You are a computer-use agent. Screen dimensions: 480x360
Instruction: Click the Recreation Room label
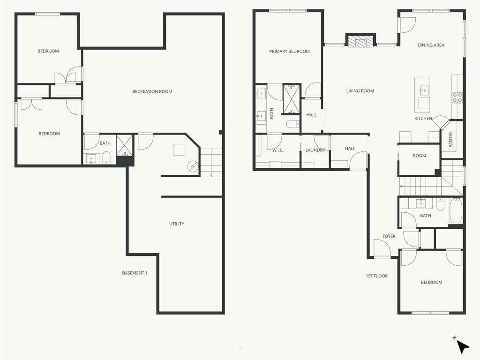(x=152, y=91)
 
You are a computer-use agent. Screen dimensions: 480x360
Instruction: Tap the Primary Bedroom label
(x=289, y=52)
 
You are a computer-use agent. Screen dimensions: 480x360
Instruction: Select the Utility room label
(x=177, y=224)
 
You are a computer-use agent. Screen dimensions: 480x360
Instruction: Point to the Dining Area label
(x=431, y=45)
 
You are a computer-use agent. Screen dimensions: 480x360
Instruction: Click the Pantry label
(x=450, y=139)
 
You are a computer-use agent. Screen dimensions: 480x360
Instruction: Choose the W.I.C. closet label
(x=278, y=150)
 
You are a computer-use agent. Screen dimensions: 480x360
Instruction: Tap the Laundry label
(x=315, y=150)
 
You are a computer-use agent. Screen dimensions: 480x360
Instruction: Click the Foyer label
(x=389, y=236)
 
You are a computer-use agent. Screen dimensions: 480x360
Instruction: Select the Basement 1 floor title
(x=135, y=273)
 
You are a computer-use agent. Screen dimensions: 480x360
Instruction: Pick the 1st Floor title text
(x=376, y=276)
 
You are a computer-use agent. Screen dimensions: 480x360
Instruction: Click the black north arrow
(x=463, y=347)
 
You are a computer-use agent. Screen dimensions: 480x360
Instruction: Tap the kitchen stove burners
(x=457, y=97)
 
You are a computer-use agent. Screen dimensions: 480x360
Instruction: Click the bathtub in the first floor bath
(x=456, y=210)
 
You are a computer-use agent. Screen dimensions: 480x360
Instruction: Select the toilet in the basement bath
(x=106, y=157)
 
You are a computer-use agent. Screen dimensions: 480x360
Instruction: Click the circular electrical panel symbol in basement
(x=193, y=166)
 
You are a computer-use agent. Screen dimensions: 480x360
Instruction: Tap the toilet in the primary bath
(x=293, y=124)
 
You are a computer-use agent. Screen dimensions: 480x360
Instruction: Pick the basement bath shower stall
(x=125, y=145)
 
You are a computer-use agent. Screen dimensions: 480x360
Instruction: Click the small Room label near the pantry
(x=420, y=156)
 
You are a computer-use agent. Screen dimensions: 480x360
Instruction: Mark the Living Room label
(x=360, y=91)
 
